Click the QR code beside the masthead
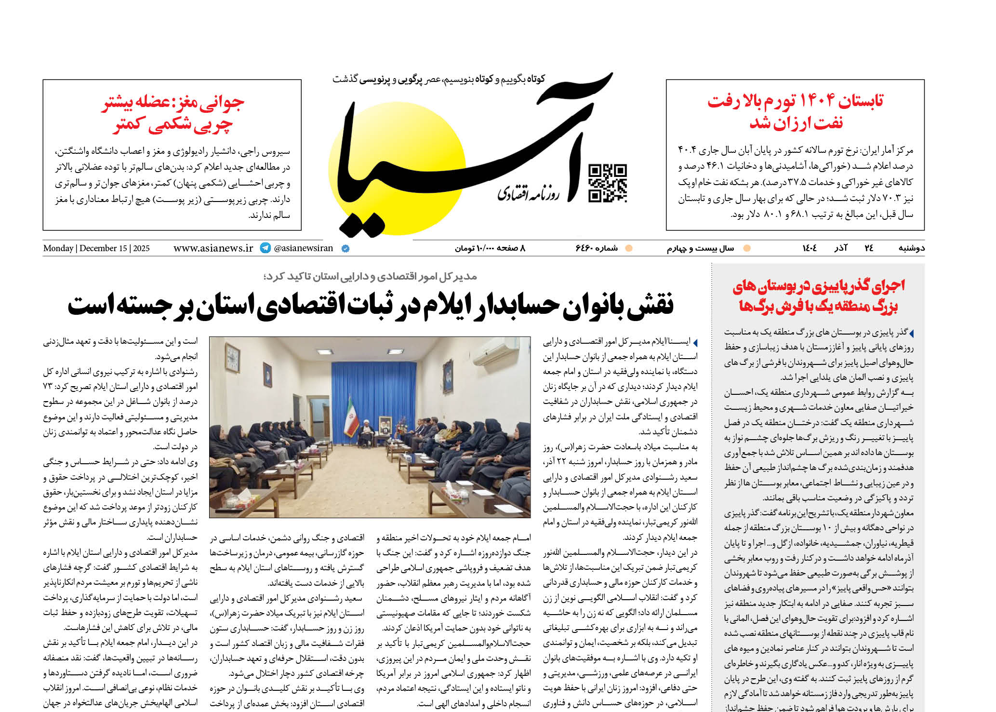pyautogui.click(x=608, y=183)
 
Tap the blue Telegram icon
pyautogui.click(x=265, y=248)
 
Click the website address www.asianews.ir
pyautogui.click(x=213, y=248)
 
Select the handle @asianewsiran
pyautogui.click(x=304, y=248)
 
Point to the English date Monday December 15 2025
pyautogui.click(x=96, y=248)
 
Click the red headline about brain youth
pyautogui.click(x=172, y=114)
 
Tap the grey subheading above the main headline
pyautogui.click(x=370, y=276)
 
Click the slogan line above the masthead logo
pyautogui.click(x=438, y=79)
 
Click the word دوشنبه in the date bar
pyautogui.click(x=911, y=248)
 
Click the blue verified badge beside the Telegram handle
pyautogui.click(x=345, y=249)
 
